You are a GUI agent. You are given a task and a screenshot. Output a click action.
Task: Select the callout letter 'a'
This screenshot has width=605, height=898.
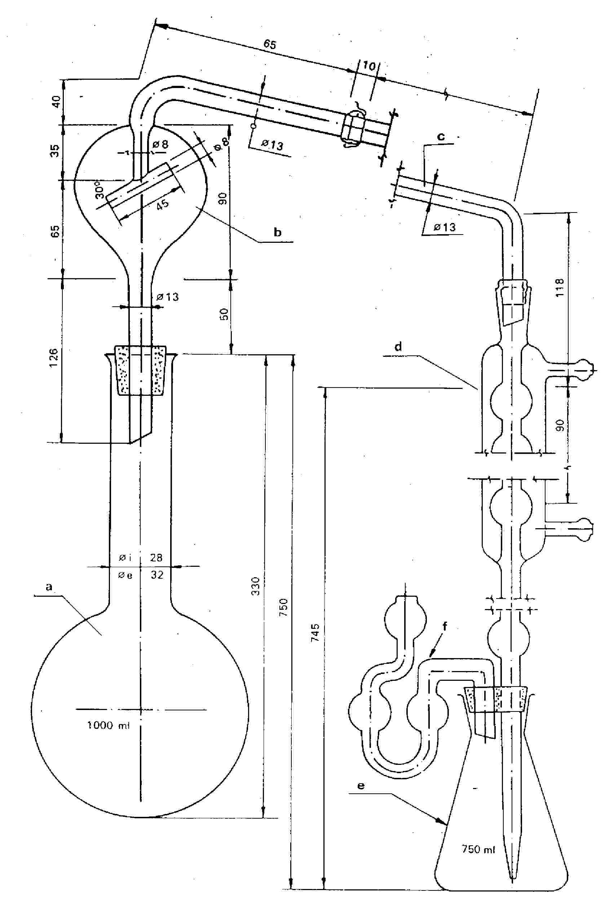49,587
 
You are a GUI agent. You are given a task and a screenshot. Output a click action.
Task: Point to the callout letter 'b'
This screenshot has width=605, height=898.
277,232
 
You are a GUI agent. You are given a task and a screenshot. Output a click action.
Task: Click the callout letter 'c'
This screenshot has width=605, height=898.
441,136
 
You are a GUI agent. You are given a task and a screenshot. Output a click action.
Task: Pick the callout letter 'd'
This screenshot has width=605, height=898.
398,346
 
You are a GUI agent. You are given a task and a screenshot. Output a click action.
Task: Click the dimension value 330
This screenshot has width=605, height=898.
255,586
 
